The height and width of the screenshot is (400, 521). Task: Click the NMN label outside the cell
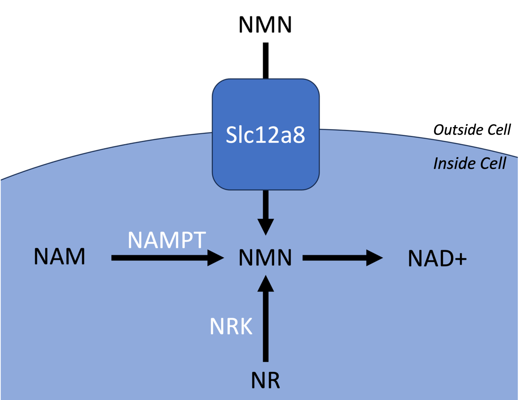[x=265, y=24]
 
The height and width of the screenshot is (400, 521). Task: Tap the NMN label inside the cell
[x=265, y=258]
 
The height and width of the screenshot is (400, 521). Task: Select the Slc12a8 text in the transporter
[x=265, y=135]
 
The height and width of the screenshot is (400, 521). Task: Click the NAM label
[x=59, y=256]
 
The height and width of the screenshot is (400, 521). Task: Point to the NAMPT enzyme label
[x=167, y=240]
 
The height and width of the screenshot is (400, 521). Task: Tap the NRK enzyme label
[x=231, y=326]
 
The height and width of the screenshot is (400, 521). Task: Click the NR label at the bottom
[x=265, y=380]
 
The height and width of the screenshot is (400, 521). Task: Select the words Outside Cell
[x=472, y=130]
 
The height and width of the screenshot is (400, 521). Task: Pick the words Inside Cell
[x=470, y=163]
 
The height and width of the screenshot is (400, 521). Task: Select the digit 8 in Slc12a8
[x=298, y=135]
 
